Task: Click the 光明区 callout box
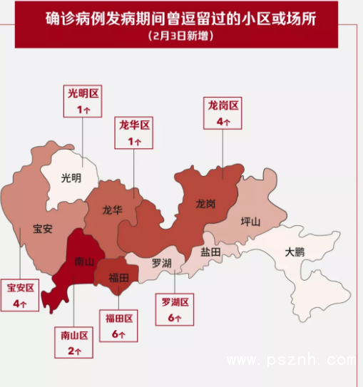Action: coord(83,100)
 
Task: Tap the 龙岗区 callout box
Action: coord(223,113)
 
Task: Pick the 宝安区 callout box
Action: coord(20,295)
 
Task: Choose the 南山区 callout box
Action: coord(73,341)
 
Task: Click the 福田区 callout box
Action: coord(119,325)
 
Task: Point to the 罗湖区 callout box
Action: coord(175,309)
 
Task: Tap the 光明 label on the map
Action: coord(71,177)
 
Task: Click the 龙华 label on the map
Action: coord(112,210)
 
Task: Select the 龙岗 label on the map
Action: coord(205,203)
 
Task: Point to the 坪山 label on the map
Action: coord(250,221)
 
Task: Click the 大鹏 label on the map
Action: coord(295,252)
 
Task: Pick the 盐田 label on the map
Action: coord(210,252)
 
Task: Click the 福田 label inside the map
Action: coord(118,277)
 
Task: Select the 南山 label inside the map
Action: coord(84,262)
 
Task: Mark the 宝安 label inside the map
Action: coord(42,229)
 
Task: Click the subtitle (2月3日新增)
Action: coord(181,35)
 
